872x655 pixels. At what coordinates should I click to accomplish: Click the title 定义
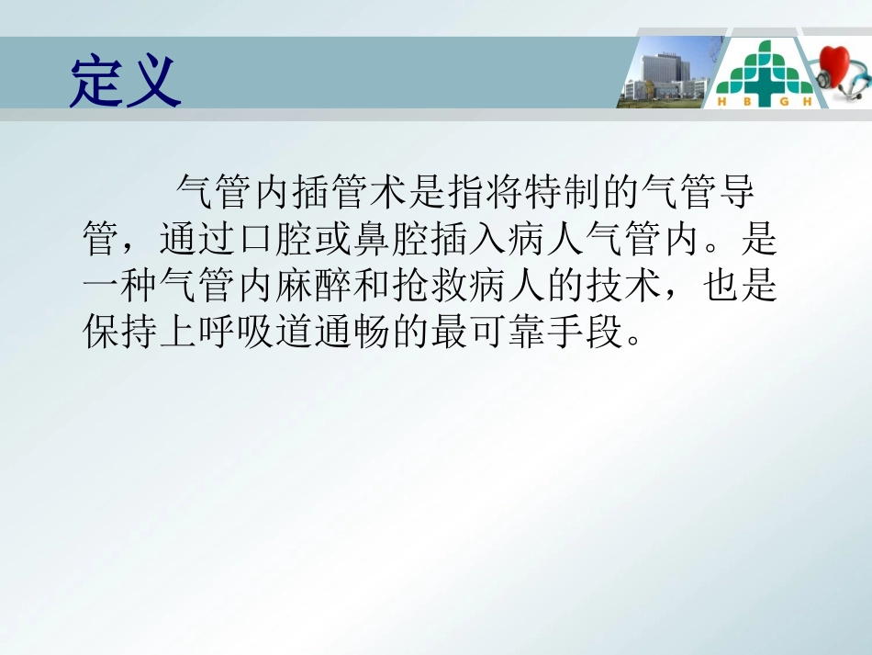(125, 81)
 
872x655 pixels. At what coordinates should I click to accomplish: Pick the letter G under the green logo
(778, 102)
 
